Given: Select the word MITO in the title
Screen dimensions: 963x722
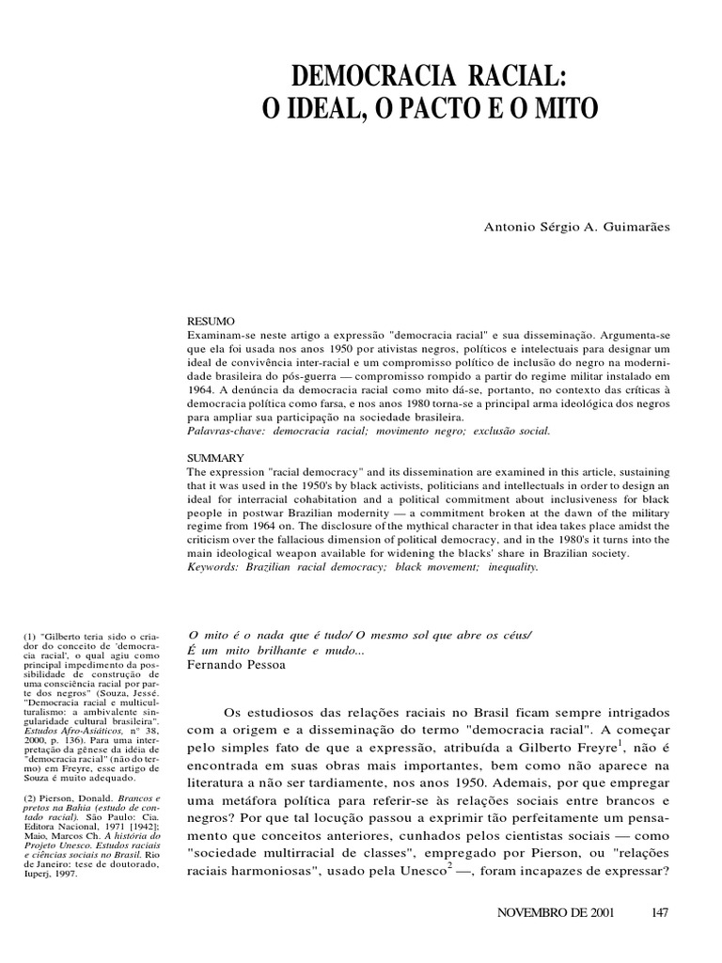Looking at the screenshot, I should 563,108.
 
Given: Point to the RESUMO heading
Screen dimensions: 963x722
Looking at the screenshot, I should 206,321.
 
